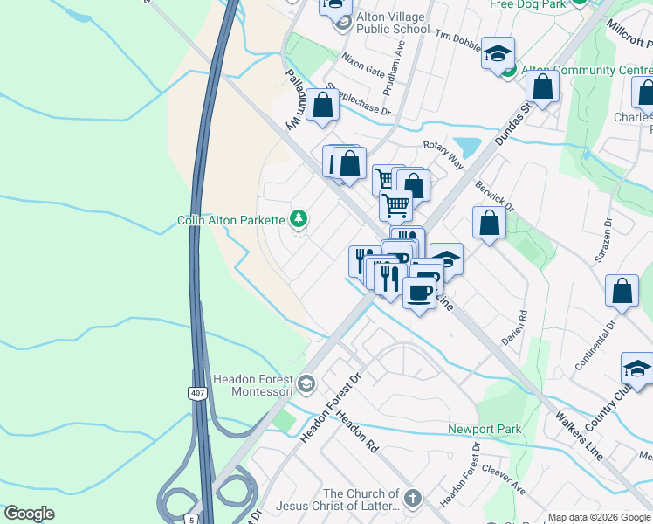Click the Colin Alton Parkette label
click(x=231, y=221)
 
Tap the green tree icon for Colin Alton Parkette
click(x=299, y=218)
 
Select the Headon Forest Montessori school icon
click(x=306, y=383)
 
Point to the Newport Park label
click(x=485, y=429)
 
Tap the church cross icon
click(x=413, y=500)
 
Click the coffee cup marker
click(x=420, y=293)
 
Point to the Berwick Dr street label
click(x=495, y=195)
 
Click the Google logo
click(x=29, y=514)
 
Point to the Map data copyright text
click(x=599, y=517)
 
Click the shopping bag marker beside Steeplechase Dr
click(x=323, y=105)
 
